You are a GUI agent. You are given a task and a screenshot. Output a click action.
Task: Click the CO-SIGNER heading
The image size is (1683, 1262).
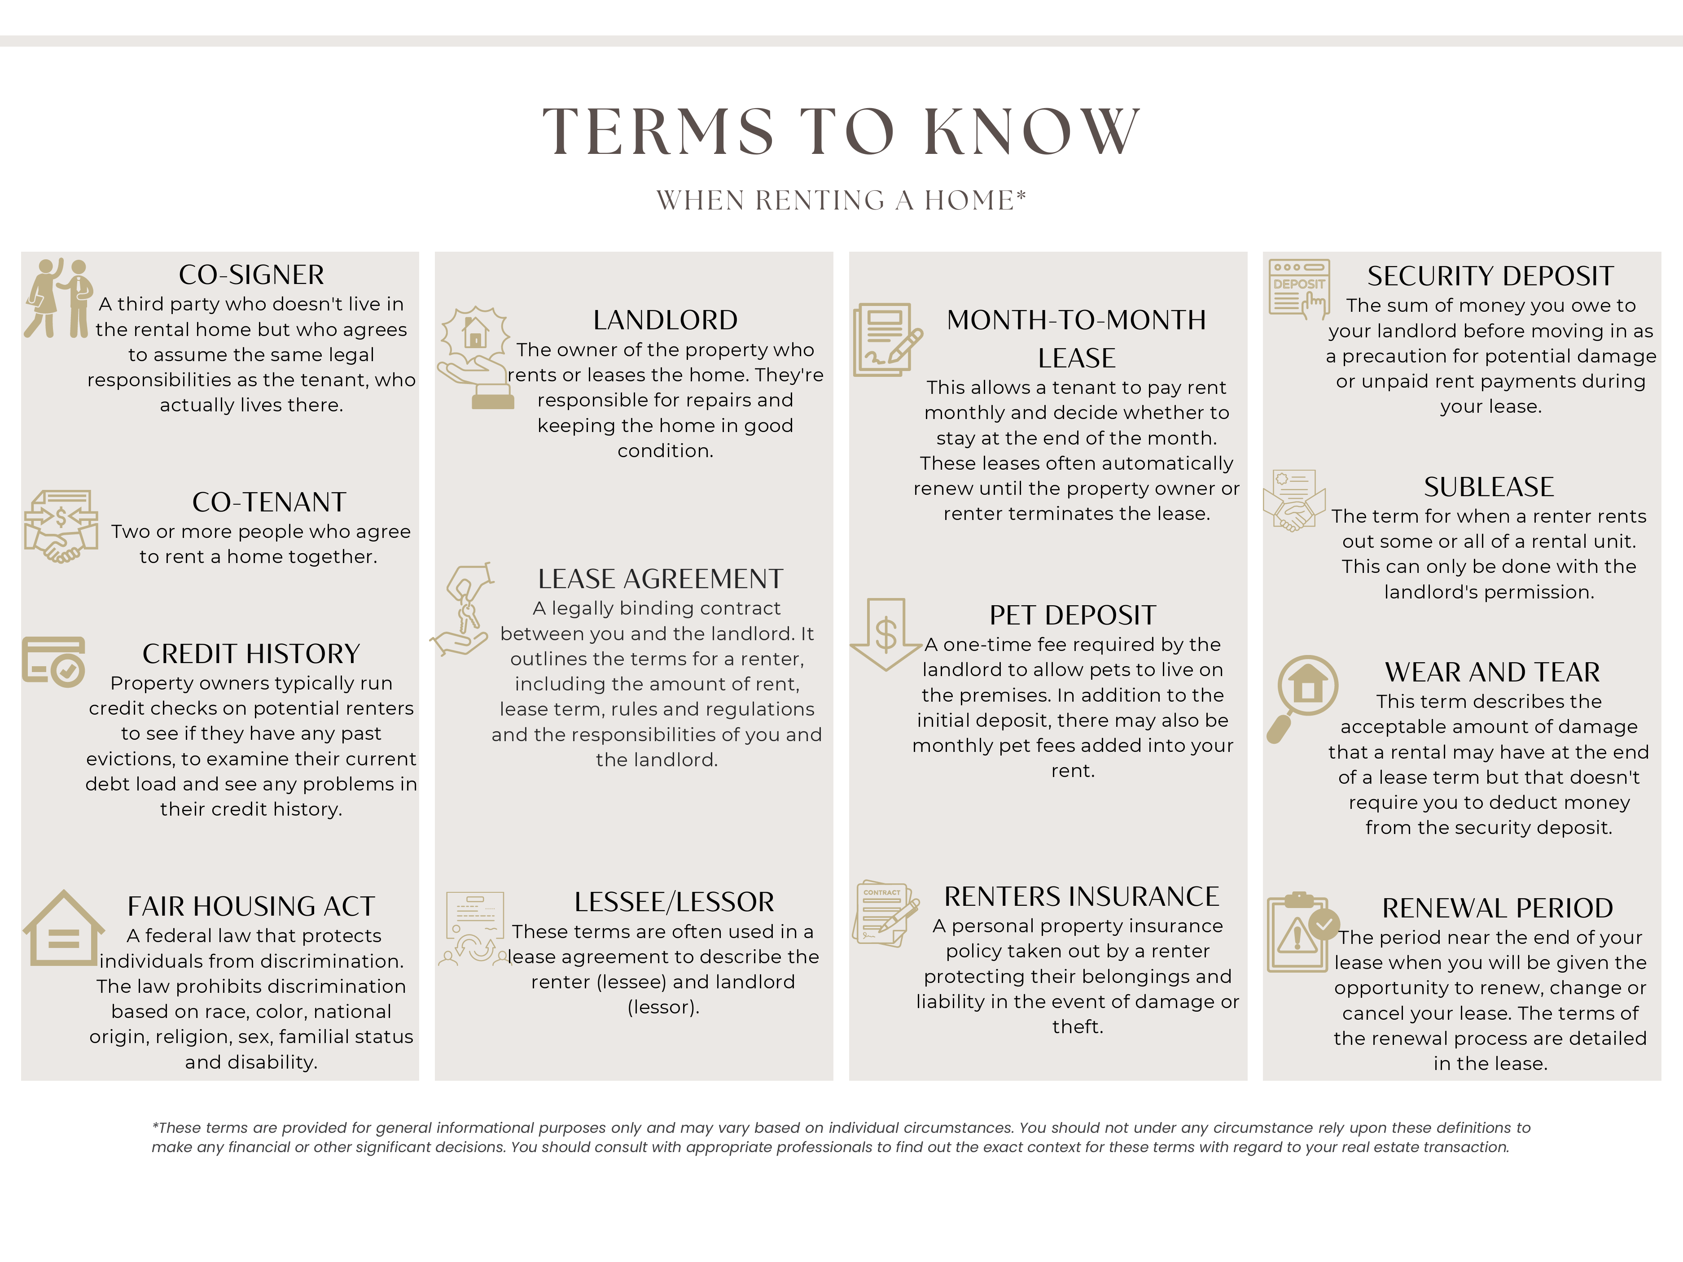pos(251,275)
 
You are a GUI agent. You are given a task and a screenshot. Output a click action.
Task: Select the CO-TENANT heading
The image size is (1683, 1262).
pos(269,502)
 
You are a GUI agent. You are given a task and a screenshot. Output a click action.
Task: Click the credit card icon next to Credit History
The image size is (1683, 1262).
pos(53,662)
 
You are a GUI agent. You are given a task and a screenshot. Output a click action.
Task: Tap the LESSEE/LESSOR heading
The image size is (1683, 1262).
pos(674,902)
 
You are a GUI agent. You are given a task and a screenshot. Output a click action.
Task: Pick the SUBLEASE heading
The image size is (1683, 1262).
pos(1488,487)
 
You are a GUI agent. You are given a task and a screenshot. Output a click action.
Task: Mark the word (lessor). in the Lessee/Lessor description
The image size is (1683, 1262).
pos(663,1007)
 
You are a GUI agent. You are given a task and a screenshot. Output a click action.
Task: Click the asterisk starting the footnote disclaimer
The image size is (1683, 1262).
pos(155,1126)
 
